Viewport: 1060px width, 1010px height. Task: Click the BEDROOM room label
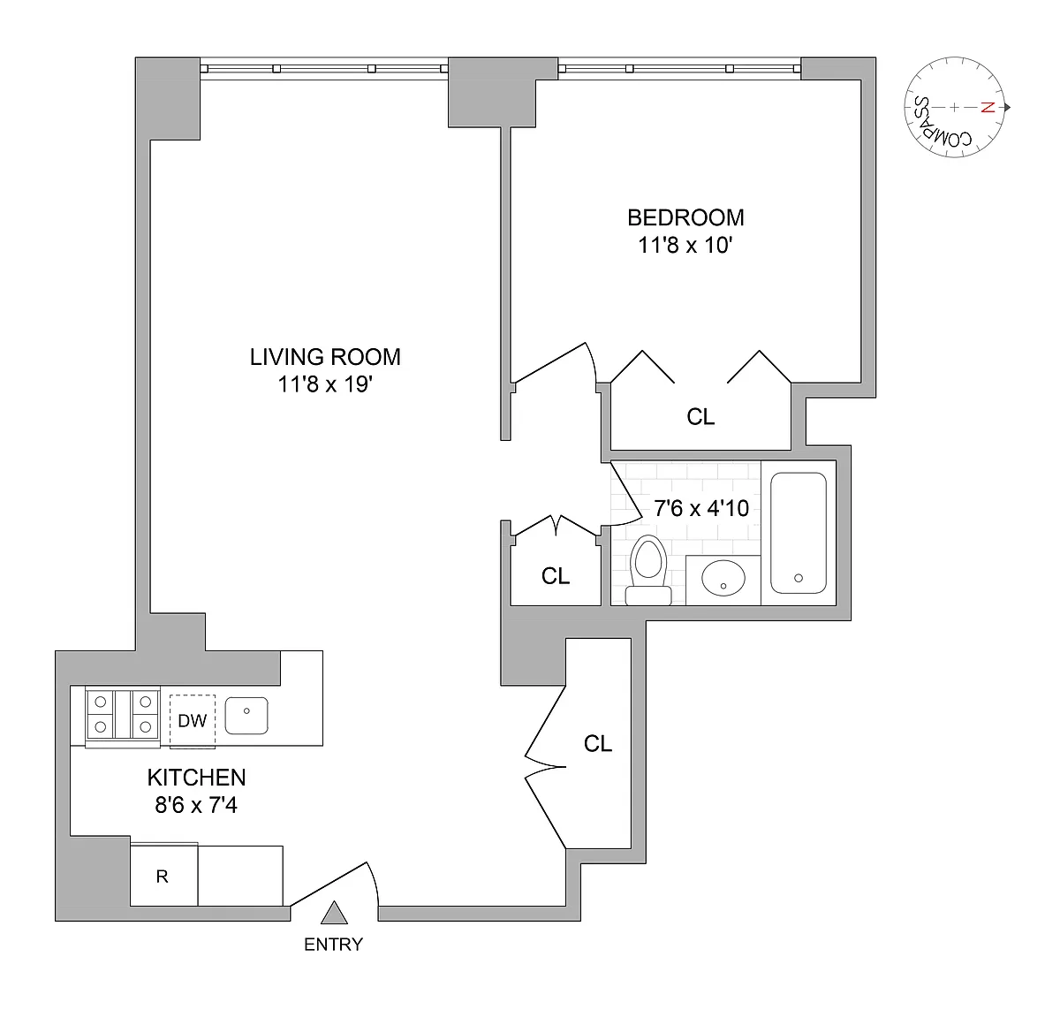point(685,218)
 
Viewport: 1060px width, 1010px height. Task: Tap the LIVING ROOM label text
point(325,357)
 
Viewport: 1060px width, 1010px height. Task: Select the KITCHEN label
point(196,778)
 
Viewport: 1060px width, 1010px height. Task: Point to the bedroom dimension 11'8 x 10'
point(685,246)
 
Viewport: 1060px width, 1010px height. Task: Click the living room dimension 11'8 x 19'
point(325,384)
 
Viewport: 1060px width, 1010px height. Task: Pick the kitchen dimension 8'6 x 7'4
point(196,806)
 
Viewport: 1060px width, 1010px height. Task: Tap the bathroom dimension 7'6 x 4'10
point(701,508)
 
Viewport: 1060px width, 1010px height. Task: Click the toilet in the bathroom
point(648,570)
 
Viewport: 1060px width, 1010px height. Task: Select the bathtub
point(799,533)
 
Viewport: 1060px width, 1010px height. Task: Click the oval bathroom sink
point(723,578)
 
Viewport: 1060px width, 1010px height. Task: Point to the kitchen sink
point(246,716)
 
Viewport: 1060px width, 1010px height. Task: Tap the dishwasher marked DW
point(193,721)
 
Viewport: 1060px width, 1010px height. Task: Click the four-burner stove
point(123,717)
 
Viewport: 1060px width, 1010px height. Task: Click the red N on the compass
point(988,108)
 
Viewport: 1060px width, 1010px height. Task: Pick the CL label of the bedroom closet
point(700,417)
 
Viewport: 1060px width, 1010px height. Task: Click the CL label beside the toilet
point(556,576)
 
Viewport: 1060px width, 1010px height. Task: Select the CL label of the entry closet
point(598,744)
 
